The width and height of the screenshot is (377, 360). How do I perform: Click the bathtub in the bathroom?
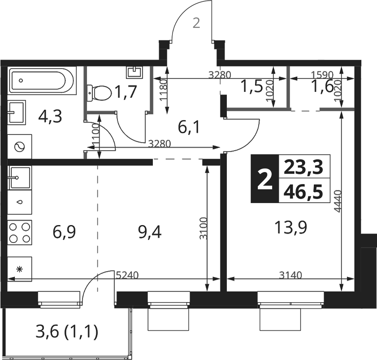pyautogui.click(x=42, y=81)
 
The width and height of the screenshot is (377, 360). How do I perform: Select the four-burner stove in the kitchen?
pyautogui.click(x=20, y=233)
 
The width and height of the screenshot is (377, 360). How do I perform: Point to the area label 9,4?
pyautogui.click(x=150, y=232)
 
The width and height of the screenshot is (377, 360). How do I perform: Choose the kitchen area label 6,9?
pyautogui.click(x=64, y=232)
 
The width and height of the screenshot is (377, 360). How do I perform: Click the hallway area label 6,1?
pyautogui.click(x=189, y=127)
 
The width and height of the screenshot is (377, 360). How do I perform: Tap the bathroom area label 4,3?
pyautogui.click(x=50, y=116)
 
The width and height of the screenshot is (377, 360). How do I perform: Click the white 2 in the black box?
pyautogui.click(x=265, y=179)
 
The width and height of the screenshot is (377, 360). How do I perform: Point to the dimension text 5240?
pyautogui.click(x=127, y=275)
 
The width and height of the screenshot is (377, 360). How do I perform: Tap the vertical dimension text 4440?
pyautogui.click(x=338, y=201)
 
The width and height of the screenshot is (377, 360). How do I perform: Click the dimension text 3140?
pyautogui.click(x=290, y=275)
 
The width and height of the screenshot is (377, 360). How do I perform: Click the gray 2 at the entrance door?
pyautogui.click(x=196, y=24)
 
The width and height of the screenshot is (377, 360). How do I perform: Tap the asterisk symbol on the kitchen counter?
pyautogui.click(x=20, y=269)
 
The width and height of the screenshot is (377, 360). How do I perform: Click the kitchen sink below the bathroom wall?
pyautogui.click(x=19, y=178)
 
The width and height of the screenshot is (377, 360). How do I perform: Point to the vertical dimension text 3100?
pyautogui.click(x=204, y=228)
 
